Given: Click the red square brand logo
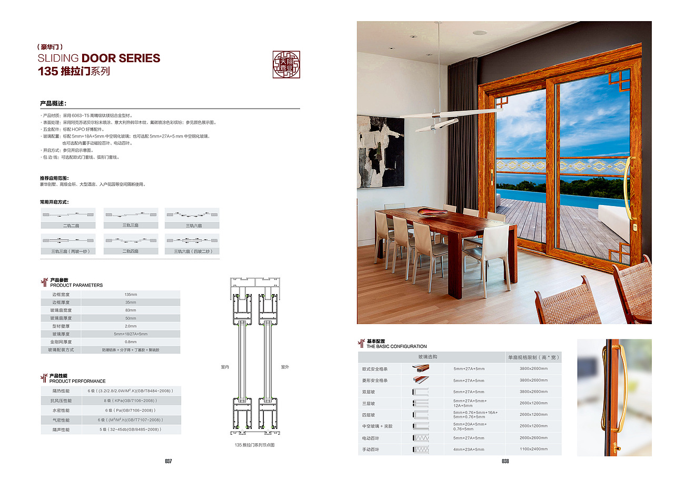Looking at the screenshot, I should [x=286, y=64].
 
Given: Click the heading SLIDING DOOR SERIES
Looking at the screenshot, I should [x=99, y=58].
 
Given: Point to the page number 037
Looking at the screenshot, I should [x=168, y=461].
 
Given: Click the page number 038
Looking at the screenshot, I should [x=505, y=461].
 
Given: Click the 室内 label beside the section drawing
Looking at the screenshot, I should [x=225, y=367].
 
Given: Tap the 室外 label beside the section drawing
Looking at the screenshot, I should [x=285, y=367].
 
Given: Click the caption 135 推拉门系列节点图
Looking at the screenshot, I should [x=255, y=445].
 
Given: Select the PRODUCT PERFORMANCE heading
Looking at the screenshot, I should [x=77, y=381].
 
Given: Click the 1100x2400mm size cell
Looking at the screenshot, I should [x=533, y=450].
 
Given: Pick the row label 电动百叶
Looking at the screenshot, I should [x=371, y=438].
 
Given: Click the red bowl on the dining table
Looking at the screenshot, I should [x=432, y=212].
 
